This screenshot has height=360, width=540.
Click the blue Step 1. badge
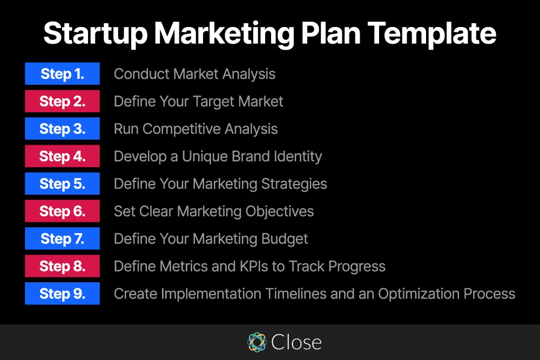pos(62,73)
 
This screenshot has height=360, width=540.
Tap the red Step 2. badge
pos(62,101)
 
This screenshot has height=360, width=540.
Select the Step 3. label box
pos(62,128)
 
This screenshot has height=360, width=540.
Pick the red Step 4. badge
pos(62,157)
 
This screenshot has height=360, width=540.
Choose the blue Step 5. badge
pos(62,184)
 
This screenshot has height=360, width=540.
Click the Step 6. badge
pos(62,211)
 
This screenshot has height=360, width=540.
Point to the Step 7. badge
pos(62,239)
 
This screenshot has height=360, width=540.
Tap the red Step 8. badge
pos(62,266)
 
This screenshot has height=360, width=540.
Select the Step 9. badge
pos(62,294)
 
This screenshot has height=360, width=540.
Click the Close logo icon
pos(257,342)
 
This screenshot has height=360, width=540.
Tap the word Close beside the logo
pos(296,342)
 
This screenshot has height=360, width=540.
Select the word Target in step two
pos(213,102)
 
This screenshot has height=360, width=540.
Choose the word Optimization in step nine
pos(418,294)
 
